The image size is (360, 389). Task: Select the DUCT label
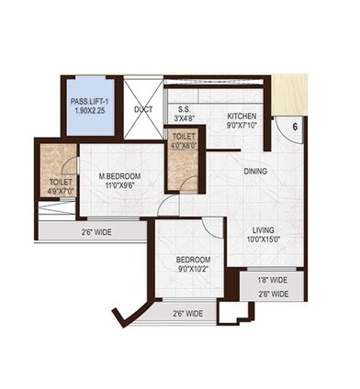pos(143,110)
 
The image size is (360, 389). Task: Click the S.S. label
pos(183,106)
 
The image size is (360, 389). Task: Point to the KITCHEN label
pos(242,117)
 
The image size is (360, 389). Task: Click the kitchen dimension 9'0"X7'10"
pos(242,127)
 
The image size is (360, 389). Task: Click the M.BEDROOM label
pos(119,175)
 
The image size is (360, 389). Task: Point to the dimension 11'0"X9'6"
pos(119,185)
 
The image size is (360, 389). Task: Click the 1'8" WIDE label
pos(272,280)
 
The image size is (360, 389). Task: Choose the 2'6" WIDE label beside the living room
pos(272,294)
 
